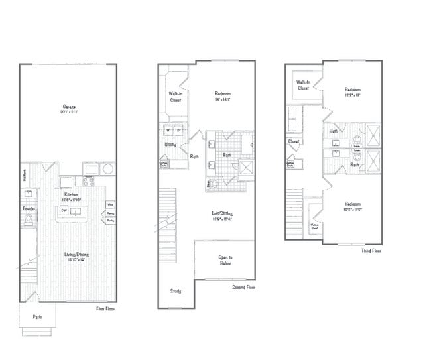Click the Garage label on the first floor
69,107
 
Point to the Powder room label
29,208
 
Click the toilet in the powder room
29,219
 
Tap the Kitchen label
72,195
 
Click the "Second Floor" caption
243,287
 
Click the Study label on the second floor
176,290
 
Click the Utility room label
169,144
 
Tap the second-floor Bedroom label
223,94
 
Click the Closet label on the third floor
294,141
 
